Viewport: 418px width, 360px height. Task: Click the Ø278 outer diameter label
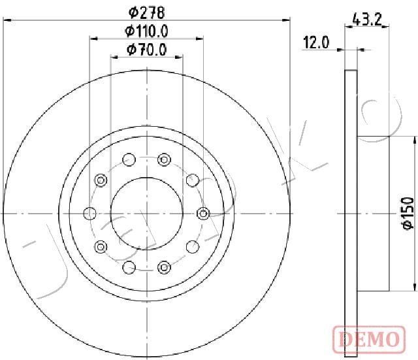(x=146, y=11)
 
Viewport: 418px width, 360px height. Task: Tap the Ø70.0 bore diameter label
(x=146, y=48)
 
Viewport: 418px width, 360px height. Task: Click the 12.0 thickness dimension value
(x=315, y=44)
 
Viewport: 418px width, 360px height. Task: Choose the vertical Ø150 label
(x=406, y=213)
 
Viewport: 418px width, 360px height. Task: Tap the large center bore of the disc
(x=146, y=213)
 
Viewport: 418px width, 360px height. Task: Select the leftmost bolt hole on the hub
(x=90, y=213)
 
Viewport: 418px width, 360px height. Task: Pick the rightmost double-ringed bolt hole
(x=202, y=213)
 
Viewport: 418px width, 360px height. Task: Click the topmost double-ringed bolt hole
(x=164, y=159)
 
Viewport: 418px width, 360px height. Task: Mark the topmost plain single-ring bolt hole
(x=129, y=159)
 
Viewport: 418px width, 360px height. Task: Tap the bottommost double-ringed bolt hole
(x=164, y=267)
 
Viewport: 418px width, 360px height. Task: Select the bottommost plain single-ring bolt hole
(x=129, y=267)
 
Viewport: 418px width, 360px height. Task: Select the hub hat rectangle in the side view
(x=374, y=213)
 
